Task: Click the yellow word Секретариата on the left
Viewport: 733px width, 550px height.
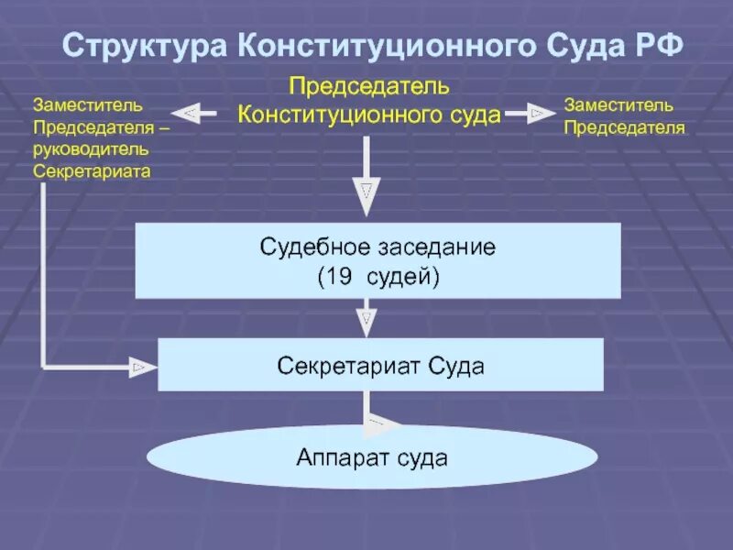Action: pos(93,170)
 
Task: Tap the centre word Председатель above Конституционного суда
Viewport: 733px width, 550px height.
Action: pos(369,87)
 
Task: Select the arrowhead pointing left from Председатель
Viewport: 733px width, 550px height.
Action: pos(187,114)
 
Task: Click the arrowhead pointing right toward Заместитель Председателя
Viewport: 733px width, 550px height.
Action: pos(538,114)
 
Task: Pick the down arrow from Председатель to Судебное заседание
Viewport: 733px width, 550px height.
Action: pos(366,188)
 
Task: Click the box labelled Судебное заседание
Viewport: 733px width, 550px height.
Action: pos(377,260)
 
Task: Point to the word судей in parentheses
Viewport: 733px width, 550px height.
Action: pos(399,274)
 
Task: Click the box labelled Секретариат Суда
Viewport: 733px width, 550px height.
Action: pos(380,365)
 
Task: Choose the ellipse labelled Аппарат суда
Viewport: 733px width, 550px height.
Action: pos(371,456)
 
